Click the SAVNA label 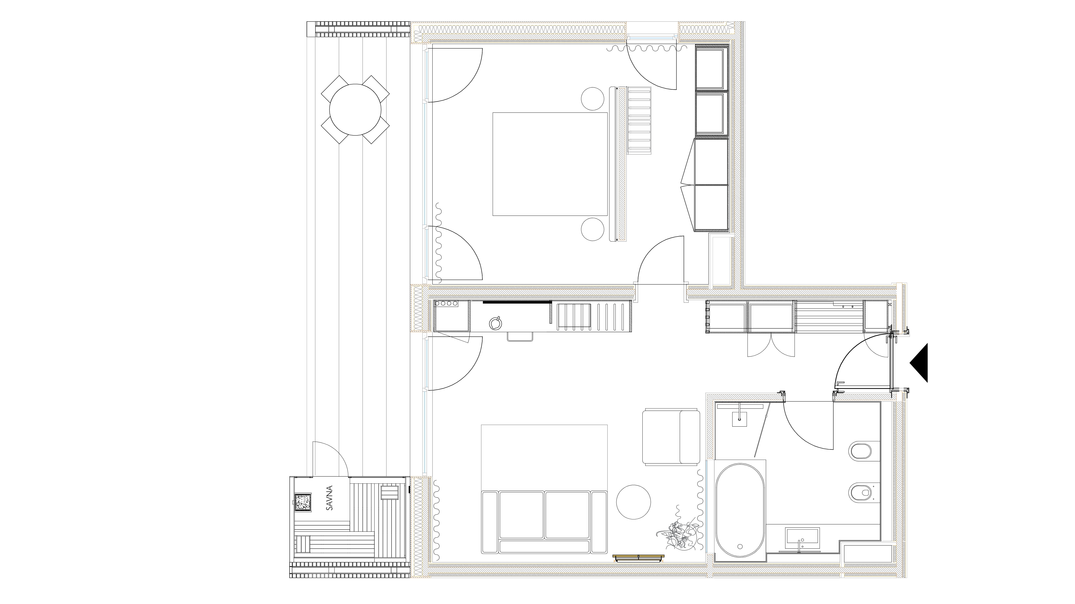[x=330, y=498]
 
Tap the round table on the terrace [x=355, y=110]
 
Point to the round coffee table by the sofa [x=634, y=502]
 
